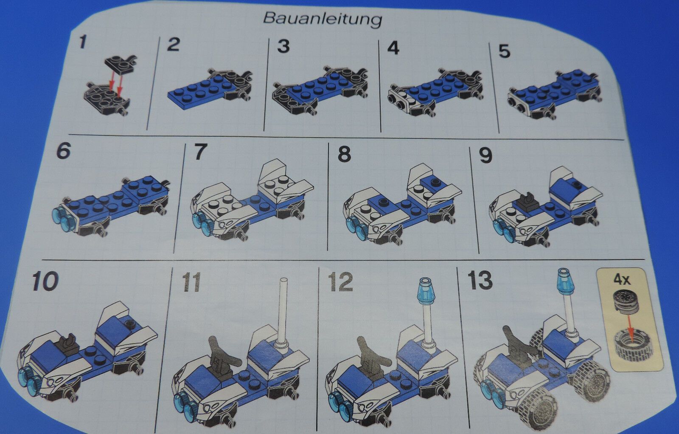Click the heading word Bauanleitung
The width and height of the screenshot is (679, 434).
(x=323, y=19)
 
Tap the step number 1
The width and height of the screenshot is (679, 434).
(x=82, y=42)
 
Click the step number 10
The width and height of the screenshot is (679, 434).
(x=45, y=281)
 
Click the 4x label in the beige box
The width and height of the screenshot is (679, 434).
(x=622, y=279)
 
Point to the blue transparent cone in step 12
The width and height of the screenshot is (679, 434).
(x=426, y=291)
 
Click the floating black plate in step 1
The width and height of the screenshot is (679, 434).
(x=120, y=64)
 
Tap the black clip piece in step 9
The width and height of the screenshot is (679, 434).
(x=528, y=203)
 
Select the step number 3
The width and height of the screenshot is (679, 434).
(x=283, y=46)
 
